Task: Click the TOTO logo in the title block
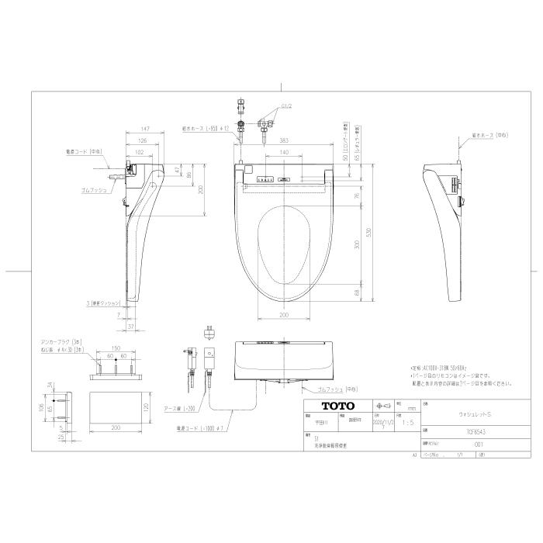[338, 406]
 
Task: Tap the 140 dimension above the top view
[286, 154]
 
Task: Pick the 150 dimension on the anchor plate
[116, 349]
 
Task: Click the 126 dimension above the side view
[143, 140]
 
